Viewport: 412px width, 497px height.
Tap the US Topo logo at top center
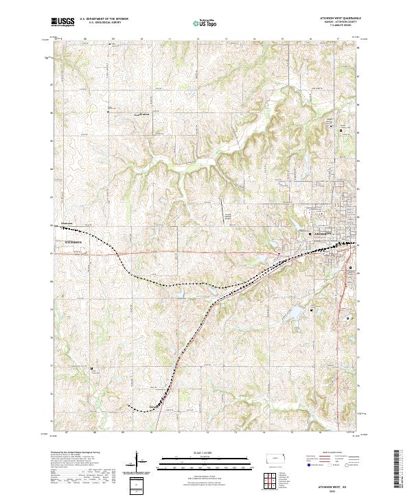point(205,23)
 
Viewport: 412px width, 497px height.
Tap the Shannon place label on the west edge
point(67,223)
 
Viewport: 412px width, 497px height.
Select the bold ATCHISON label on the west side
point(73,243)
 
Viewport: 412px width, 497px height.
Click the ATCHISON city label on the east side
point(323,234)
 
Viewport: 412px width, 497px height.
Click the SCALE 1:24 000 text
point(205,453)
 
